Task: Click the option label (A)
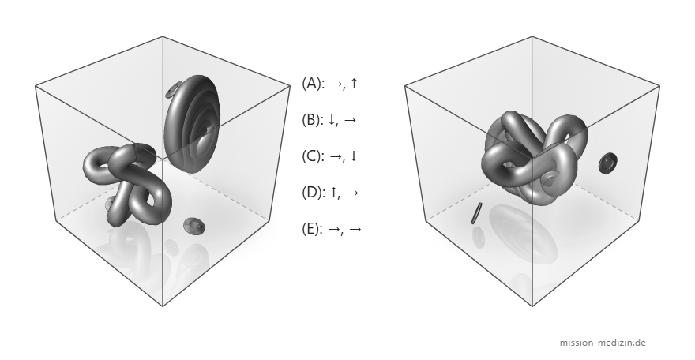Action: pyautogui.click(x=312, y=83)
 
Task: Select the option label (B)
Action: pyautogui.click(x=312, y=119)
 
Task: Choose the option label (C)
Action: pyautogui.click(x=312, y=156)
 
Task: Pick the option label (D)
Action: pyautogui.click(x=312, y=192)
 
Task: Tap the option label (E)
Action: pyautogui.click(x=312, y=228)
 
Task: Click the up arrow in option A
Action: pyautogui.click(x=353, y=83)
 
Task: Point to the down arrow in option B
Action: pyautogui.click(x=332, y=119)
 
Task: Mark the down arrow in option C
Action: pyautogui.click(x=353, y=156)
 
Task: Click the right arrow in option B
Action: pyautogui.click(x=350, y=120)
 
